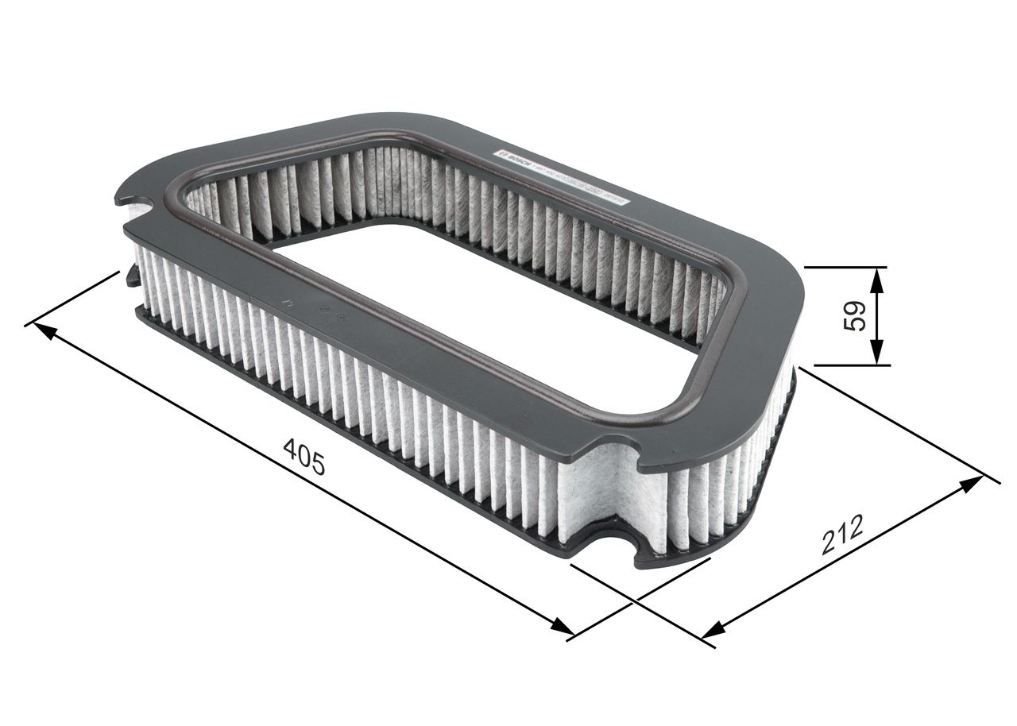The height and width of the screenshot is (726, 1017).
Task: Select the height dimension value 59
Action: point(855,316)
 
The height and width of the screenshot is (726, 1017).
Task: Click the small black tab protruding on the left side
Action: point(131,277)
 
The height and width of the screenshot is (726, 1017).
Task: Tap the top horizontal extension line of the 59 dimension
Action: point(842,268)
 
